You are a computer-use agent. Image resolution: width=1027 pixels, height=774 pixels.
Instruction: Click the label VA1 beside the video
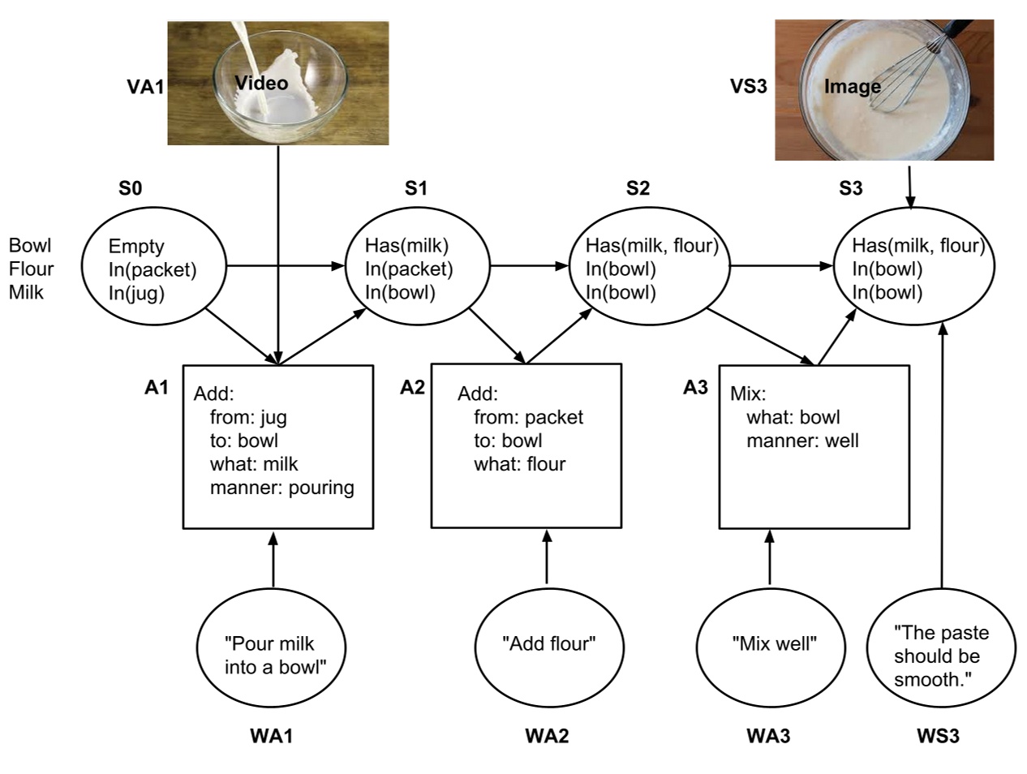(x=145, y=87)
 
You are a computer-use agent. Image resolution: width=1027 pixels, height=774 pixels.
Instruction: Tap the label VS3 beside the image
(x=748, y=86)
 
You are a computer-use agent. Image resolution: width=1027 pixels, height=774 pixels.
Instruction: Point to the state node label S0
(x=130, y=188)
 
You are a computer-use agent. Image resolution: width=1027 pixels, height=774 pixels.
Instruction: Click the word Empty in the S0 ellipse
(x=136, y=246)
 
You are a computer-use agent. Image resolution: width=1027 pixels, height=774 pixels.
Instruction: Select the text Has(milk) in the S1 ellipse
(x=406, y=245)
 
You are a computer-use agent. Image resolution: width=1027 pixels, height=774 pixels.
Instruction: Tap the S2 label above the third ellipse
(x=638, y=188)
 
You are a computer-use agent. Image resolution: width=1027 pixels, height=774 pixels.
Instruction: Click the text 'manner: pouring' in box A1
(x=281, y=488)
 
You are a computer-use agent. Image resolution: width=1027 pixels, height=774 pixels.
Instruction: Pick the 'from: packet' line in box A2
(x=528, y=417)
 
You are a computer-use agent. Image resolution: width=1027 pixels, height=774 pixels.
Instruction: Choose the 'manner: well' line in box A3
(x=801, y=441)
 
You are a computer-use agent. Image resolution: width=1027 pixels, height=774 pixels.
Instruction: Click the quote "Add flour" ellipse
(x=548, y=645)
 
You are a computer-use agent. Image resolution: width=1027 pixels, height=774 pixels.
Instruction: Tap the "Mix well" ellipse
(x=773, y=645)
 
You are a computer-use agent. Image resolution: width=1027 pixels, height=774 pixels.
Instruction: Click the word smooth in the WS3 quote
(x=931, y=679)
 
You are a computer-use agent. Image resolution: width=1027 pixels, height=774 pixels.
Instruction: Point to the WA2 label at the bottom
(x=547, y=736)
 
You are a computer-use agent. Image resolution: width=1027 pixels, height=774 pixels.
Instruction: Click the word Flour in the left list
(x=31, y=269)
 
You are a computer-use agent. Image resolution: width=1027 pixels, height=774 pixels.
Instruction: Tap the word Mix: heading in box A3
(x=748, y=393)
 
